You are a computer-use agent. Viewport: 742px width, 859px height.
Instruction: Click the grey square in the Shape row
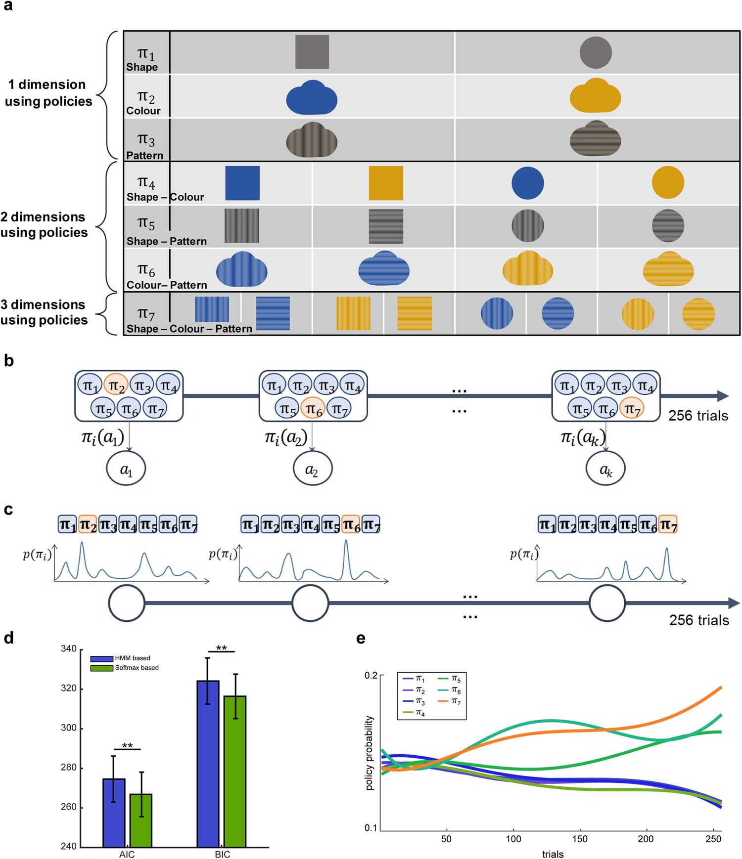click(x=312, y=52)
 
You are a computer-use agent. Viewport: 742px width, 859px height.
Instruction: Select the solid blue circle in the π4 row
click(x=527, y=183)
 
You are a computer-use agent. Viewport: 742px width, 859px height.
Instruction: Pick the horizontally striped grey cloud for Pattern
click(x=595, y=139)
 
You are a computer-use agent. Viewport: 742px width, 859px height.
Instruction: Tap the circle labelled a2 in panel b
click(x=312, y=469)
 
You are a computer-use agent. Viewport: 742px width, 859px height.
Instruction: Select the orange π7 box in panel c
click(x=667, y=524)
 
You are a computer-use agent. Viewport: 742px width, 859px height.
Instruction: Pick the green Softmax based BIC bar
click(x=235, y=771)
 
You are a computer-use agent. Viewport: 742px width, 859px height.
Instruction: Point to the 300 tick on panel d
click(x=68, y=728)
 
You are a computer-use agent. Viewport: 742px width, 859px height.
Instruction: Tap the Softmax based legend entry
click(x=137, y=668)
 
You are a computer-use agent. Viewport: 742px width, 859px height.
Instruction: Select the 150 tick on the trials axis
click(x=580, y=839)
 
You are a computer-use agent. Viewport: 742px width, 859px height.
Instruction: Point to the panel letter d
click(x=8, y=638)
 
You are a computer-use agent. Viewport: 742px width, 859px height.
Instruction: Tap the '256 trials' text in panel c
click(x=698, y=620)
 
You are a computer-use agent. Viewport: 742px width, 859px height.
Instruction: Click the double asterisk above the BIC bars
click(x=221, y=648)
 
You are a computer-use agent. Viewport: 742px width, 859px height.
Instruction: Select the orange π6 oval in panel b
click(x=312, y=409)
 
